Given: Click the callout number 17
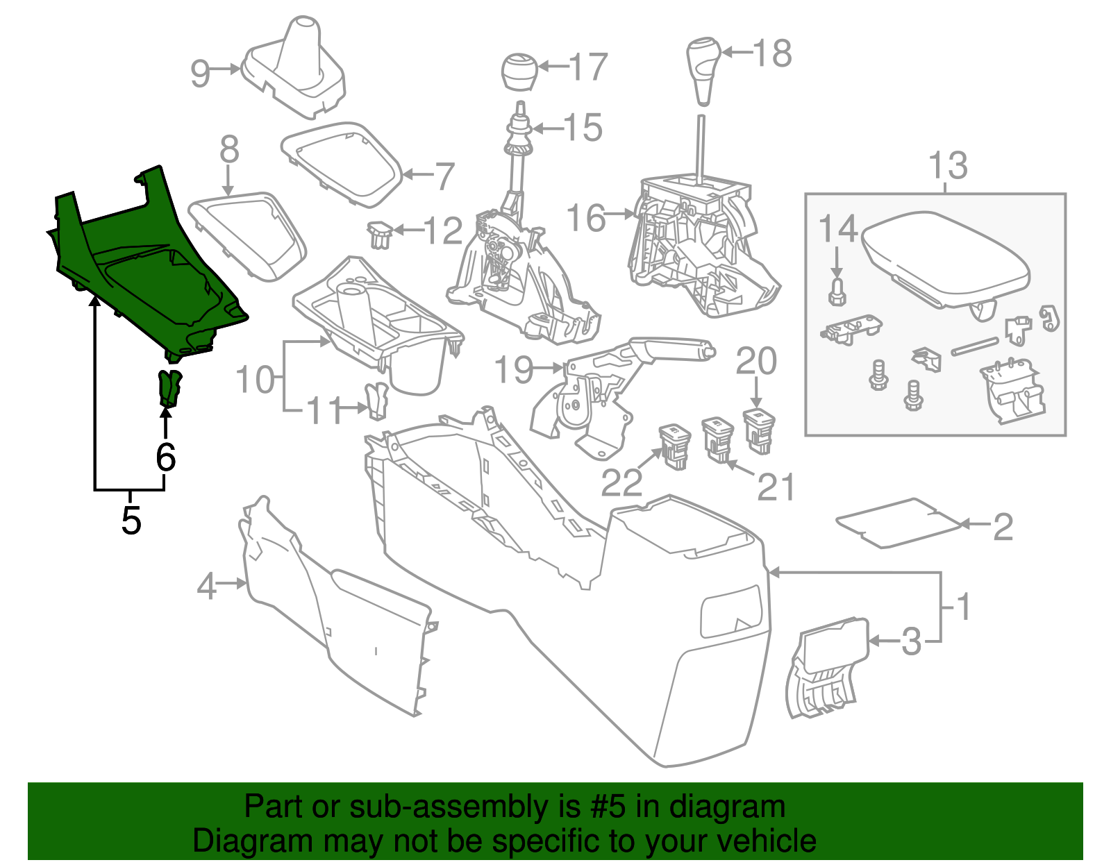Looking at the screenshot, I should pos(589,67).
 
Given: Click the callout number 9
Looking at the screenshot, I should pos(200,72).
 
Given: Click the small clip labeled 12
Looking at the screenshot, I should pos(379,234).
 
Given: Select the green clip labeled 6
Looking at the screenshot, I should pos(169,388).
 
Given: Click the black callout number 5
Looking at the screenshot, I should pos(131,520).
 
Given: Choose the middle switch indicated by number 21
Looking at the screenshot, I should pos(717,437).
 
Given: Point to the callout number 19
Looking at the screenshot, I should pos(514,369).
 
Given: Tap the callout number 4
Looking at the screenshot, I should pos(207,587).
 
